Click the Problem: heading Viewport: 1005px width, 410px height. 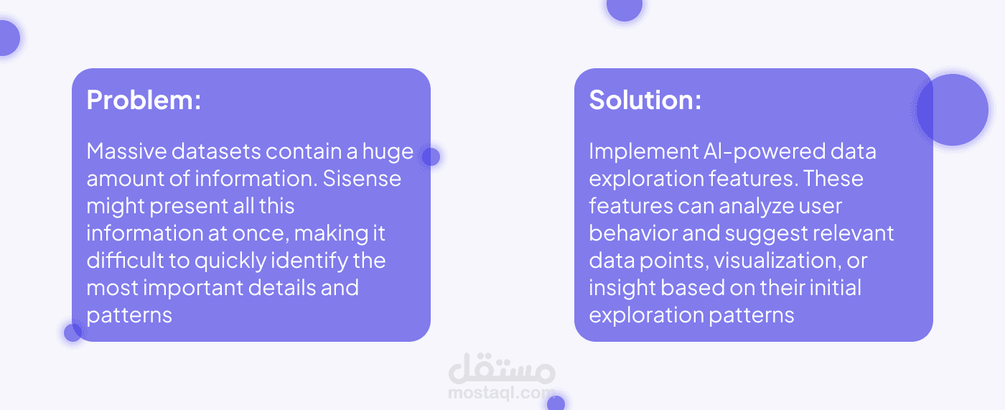144,100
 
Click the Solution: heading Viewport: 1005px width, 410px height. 645,100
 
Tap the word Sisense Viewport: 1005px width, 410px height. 362,179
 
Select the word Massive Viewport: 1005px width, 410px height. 126,152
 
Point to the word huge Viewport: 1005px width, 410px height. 388,152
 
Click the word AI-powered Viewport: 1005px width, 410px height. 763,152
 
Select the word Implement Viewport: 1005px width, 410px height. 643,152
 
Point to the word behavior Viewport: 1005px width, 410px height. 632,233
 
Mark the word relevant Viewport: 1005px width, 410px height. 854,233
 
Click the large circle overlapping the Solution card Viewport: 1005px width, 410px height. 952,110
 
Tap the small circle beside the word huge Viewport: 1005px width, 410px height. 431,157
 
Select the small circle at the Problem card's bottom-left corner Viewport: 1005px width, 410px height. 73,332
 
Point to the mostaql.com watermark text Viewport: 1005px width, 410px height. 501,393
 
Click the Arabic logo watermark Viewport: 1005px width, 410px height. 502,368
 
